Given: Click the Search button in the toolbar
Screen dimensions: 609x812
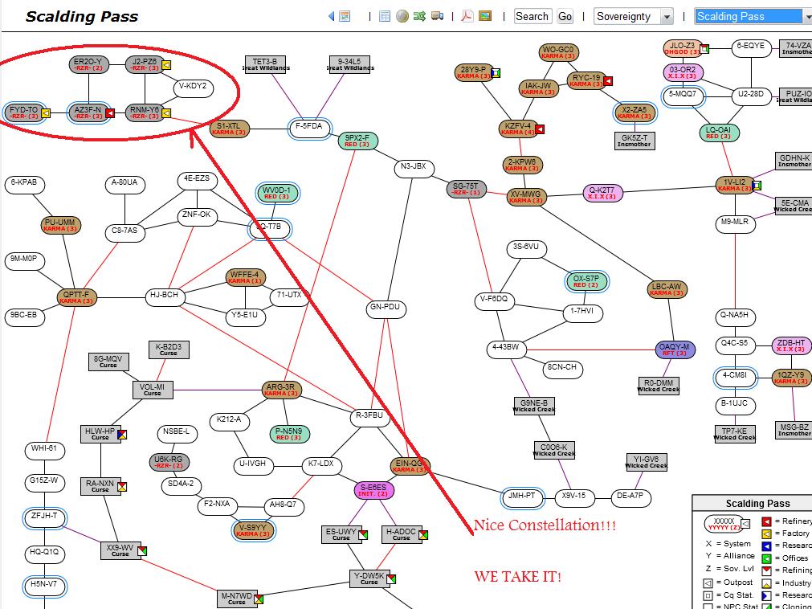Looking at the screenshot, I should pyautogui.click(x=532, y=16).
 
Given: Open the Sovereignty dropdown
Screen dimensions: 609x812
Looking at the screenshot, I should pyautogui.click(x=634, y=16).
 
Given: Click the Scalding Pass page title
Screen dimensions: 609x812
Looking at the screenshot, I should pyautogui.click(x=82, y=16).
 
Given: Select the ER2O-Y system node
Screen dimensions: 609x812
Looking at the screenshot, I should pyautogui.click(x=88, y=64).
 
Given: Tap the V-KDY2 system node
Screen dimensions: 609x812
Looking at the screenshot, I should pyautogui.click(x=193, y=86).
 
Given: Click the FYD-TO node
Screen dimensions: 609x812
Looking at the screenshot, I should pyautogui.click(x=24, y=112).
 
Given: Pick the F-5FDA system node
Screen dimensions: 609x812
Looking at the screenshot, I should pyautogui.click(x=309, y=127).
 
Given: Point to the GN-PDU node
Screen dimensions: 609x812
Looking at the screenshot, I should pyautogui.click(x=385, y=308).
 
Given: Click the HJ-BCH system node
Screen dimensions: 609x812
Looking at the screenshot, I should pyautogui.click(x=165, y=296).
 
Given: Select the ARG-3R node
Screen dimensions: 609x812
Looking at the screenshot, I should pyautogui.click(x=281, y=390).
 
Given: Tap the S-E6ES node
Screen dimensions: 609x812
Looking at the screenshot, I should pyautogui.click(x=373, y=490).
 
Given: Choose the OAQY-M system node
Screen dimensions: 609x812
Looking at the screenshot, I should pyautogui.click(x=675, y=349).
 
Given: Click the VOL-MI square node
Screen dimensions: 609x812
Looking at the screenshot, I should pyautogui.click(x=153, y=390).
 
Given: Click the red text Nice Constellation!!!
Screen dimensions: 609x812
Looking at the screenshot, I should pyautogui.click(x=545, y=526).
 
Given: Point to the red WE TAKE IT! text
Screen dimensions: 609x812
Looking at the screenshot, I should pyautogui.click(x=517, y=576).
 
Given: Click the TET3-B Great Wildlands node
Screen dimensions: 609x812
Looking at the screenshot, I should pyautogui.click(x=265, y=64).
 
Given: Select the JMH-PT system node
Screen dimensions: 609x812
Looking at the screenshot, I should pyautogui.click(x=521, y=497).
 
